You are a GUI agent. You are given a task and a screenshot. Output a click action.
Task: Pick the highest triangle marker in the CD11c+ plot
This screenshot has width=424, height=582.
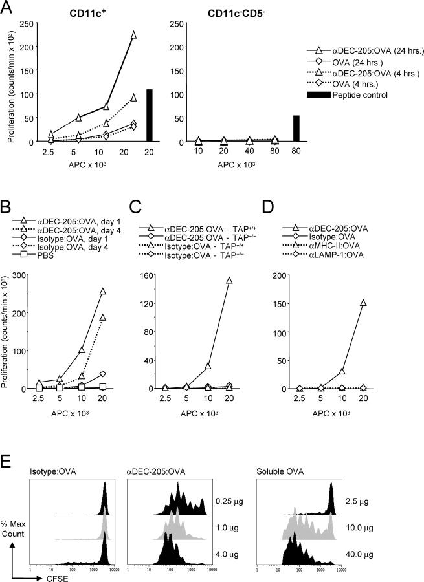(133, 35)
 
